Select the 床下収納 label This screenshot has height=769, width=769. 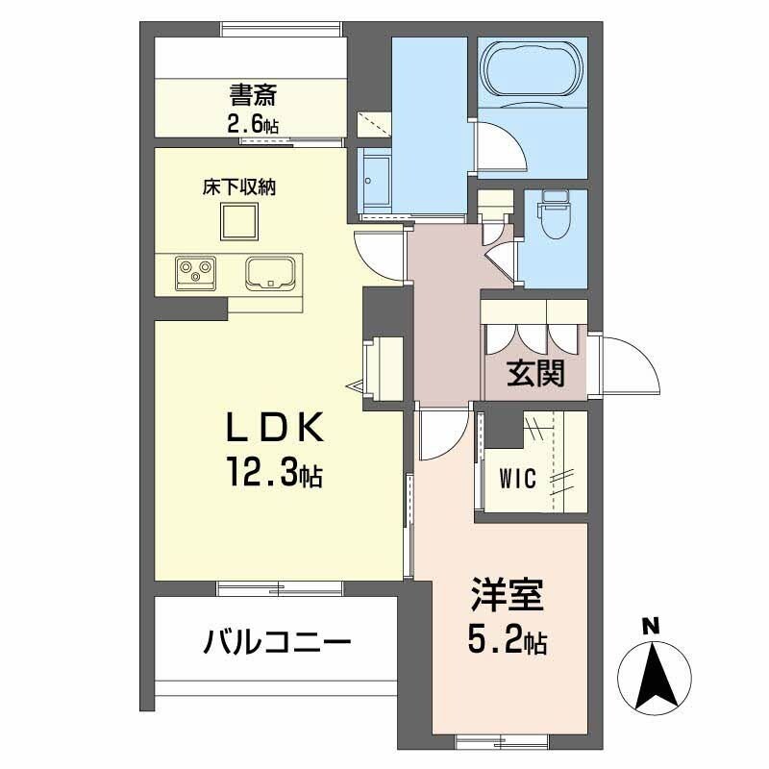pos(239,187)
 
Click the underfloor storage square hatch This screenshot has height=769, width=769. pos(239,223)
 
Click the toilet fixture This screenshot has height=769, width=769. pos(556,214)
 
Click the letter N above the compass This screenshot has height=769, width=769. pos(651,626)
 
